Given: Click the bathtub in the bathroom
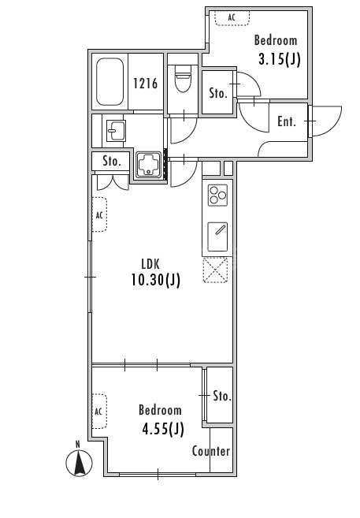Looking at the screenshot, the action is click(x=109, y=82).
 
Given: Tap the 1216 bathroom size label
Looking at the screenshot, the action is click(x=146, y=84).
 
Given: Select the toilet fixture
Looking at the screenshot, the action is click(x=183, y=79).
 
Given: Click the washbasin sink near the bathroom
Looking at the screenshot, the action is click(x=116, y=131).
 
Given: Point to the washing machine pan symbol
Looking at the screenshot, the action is click(x=148, y=165).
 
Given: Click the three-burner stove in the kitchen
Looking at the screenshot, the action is click(x=217, y=196).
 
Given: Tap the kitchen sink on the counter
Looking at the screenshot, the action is click(x=217, y=237).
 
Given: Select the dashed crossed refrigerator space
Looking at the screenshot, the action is click(x=215, y=270).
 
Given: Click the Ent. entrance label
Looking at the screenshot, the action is click(x=287, y=121).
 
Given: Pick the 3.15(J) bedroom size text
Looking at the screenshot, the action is click(x=279, y=59).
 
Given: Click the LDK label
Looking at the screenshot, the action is click(x=150, y=264).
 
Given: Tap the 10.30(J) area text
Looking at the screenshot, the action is click(x=156, y=280).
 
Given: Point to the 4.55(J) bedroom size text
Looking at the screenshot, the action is click(x=163, y=429).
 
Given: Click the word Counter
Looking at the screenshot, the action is click(x=211, y=451).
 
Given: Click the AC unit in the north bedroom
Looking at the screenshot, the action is click(x=232, y=18).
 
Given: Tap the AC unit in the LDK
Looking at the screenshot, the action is click(x=99, y=214).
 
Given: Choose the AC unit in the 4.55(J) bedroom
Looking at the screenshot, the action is click(x=99, y=412).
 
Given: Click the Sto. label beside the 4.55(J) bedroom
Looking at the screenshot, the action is click(x=221, y=396).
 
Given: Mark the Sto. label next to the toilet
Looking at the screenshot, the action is click(x=218, y=93).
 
